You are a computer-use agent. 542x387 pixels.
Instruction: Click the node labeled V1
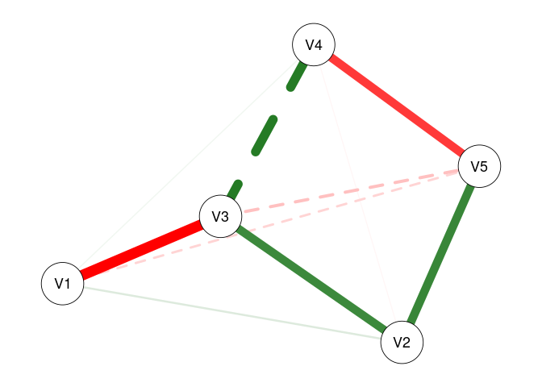(63, 284)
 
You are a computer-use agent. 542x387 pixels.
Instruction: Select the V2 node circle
(402, 342)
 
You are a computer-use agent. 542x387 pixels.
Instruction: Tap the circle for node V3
(220, 217)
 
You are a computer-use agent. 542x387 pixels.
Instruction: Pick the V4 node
(314, 45)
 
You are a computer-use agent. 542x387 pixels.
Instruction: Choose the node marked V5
(479, 167)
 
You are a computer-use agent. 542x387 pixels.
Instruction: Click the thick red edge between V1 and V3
(141, 250)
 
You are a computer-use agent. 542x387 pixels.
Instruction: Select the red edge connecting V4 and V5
(396, 106)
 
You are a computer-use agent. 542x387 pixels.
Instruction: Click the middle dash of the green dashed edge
(265, 135)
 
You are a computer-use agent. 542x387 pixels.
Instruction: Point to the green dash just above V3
(235, 189)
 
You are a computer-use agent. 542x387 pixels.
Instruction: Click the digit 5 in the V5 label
(484, 167)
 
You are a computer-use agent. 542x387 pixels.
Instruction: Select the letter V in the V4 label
(309, 45)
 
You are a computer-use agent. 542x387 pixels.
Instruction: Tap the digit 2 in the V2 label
(406, 342)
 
